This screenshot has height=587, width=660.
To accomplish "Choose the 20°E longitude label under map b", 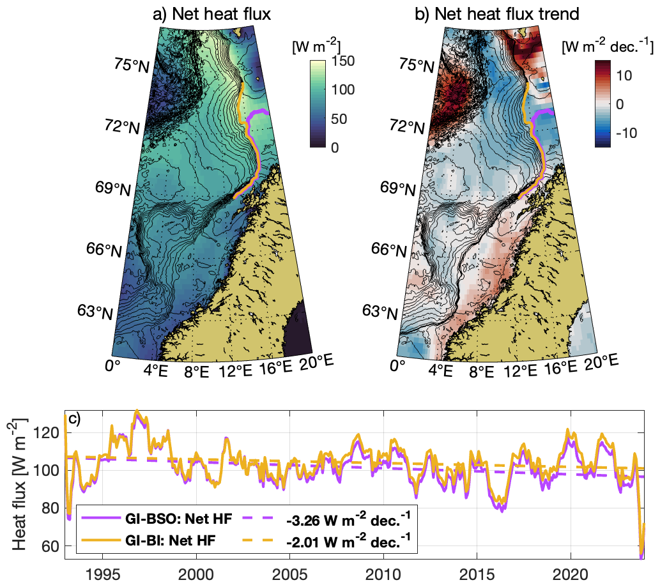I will click(x=603, y=362).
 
